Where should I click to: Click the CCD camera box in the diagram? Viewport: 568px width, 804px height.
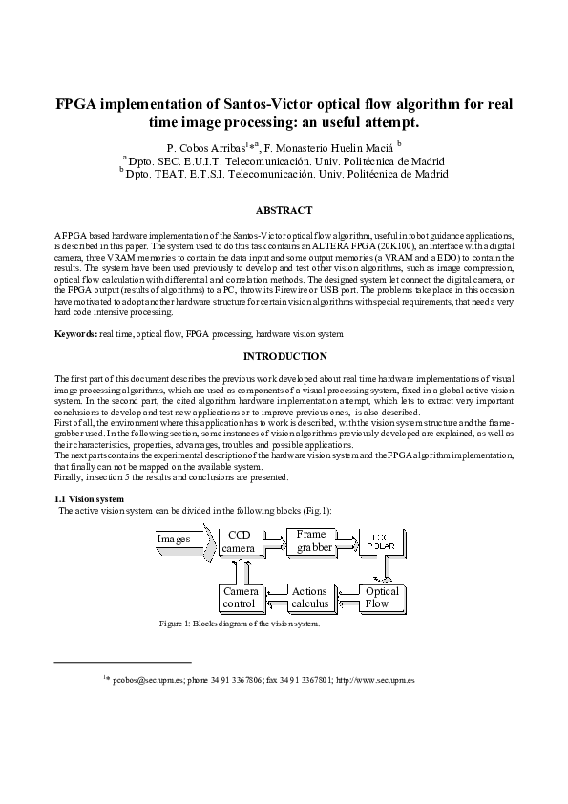(x=238, y=541)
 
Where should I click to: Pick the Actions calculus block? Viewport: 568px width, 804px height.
(x=309, y=598)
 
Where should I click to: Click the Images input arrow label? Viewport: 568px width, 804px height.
(x=176, y=540)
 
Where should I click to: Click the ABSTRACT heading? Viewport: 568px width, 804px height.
(x=284, y=210)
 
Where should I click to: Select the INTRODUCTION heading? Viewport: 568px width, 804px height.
(x=284, y=356)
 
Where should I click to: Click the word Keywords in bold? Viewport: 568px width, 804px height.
(x=74, y=334)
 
